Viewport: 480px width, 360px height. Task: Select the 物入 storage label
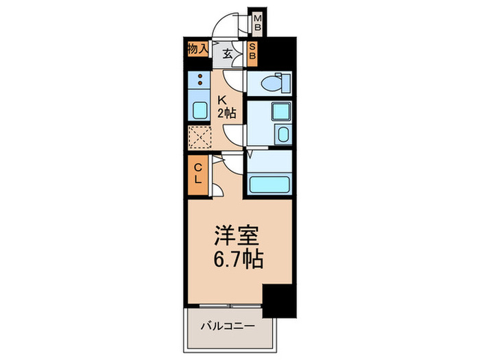(198, 49)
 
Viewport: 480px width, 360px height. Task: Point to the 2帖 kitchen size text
(228, 114)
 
